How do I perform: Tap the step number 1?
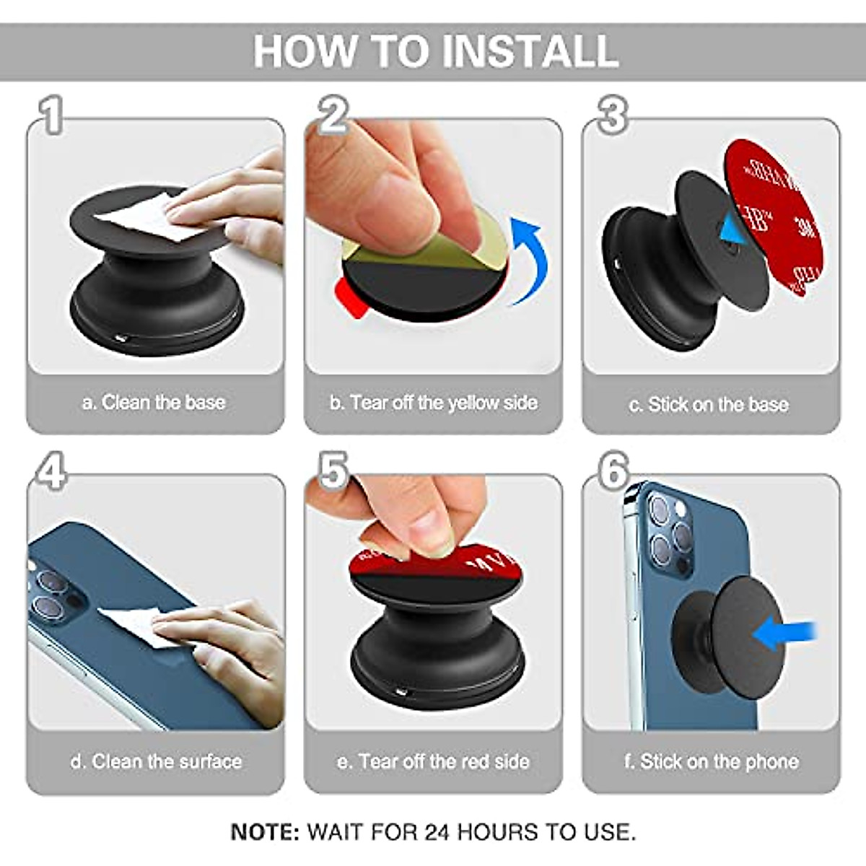point(52,115)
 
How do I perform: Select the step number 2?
point(333,115)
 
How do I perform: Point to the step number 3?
point(612,115)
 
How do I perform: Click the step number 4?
point(52,470)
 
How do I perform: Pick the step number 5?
point(333,470)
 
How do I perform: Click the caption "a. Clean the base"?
point(154,403)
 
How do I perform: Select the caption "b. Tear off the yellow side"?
point(434,403)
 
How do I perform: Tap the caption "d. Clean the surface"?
point(156,761)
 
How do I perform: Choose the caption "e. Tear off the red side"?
point(433,761)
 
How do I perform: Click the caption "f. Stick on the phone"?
point(712,761)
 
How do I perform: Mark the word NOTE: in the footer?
point(265,832)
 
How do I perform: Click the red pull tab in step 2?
point(349,297)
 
